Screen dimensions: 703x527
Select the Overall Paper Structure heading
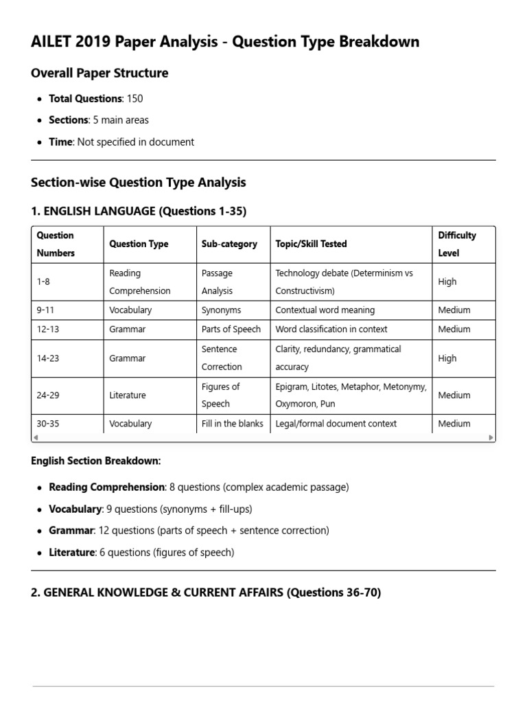(x=99, y=73)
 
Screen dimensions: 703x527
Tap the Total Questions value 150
(x=134, y=98)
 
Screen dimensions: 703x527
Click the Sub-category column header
(x=229, y=244)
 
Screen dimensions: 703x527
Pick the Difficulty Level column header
(x=457, y=244)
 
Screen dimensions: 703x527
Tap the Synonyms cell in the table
(x=221, y=310)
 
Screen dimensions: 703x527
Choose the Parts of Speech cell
(x=231, y=330)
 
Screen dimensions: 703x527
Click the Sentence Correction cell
(x=222, y=358)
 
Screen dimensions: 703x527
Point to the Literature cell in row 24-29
(x=127, y=395)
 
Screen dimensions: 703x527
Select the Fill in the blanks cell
(x=232, y=424)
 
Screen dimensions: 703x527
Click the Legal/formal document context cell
(x=336, y=424)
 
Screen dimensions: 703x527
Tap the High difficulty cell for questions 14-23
(x=447, y=358)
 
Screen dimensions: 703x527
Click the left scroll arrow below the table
(x=36, y=437)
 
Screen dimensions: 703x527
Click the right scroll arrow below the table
(x=491, y=437)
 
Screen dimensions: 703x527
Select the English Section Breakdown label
(x=96, y=461)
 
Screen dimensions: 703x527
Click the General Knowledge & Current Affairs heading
(x=206, y=592)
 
